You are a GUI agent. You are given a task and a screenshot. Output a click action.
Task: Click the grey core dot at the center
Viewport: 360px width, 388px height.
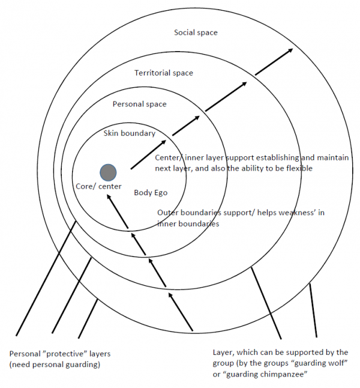(108, 172)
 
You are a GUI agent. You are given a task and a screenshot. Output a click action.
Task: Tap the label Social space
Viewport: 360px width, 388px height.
(195, 32)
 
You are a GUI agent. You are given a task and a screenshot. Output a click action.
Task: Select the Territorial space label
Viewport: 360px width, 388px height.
(164, 73)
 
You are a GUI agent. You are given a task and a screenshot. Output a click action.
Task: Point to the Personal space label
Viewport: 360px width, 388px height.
(139, 104)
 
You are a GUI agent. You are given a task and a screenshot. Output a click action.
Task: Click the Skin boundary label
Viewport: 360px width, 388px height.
(129, 133)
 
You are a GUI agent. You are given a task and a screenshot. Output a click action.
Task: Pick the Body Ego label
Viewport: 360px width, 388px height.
(150, 193)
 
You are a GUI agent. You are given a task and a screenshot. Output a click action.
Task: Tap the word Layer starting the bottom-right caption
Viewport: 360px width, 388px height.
(223, 352)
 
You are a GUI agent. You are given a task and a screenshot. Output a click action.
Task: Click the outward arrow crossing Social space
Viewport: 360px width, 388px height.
(276, 62)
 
